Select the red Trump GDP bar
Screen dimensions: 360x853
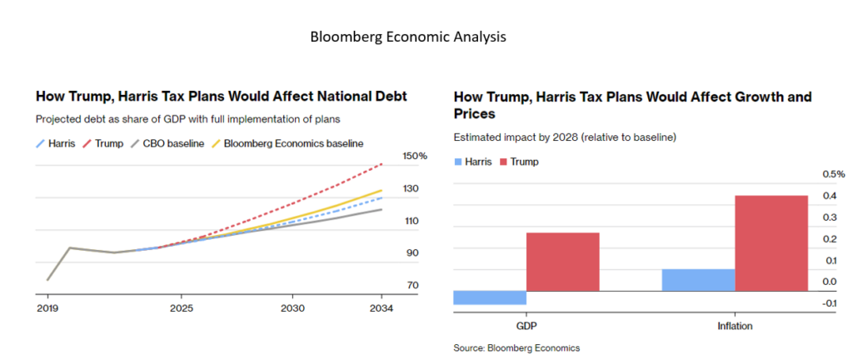(562, 261)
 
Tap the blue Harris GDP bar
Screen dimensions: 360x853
(490, 297)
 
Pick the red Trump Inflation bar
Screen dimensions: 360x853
(771, 242)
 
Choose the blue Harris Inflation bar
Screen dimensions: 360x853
(698, 280)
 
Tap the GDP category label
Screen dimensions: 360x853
(526, 326)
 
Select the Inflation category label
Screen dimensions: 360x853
(735, 326)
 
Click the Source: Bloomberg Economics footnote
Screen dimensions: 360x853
(516, 347)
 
